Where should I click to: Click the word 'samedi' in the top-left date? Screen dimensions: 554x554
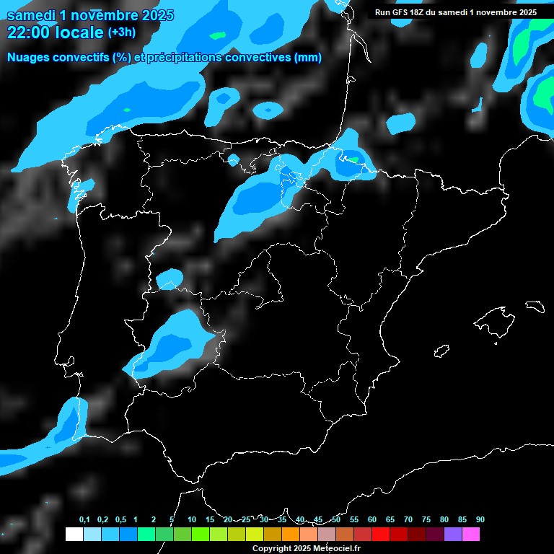30,15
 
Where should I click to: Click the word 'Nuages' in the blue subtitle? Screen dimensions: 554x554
29,58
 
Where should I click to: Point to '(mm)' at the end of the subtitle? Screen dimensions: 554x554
308,58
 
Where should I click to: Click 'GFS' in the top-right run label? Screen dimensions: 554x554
410,12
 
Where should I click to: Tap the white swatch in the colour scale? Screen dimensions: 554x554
74,535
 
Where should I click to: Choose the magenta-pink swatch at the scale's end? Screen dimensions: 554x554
471,535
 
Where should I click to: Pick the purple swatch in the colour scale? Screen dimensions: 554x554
453,535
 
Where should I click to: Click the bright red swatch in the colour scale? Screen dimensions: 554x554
381,535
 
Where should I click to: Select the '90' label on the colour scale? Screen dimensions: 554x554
480,519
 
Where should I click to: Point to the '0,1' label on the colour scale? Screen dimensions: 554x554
84,519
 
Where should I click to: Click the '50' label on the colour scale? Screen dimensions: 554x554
336,519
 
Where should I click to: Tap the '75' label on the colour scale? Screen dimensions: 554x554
426,519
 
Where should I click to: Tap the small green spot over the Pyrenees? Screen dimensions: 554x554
353,159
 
